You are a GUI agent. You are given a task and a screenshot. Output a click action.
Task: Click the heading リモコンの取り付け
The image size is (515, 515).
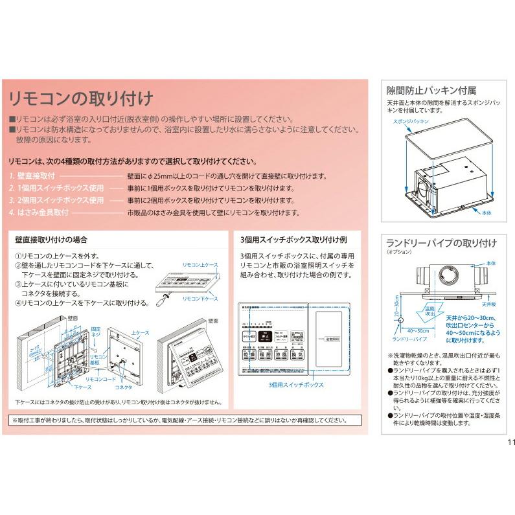tap(80, 98)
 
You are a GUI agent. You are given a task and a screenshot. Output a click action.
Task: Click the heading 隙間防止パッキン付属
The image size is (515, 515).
tap(431, 90)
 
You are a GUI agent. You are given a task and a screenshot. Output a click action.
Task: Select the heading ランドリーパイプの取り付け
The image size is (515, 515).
tap(441, 244)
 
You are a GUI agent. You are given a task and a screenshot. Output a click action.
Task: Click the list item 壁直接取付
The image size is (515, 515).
tap(32, 176)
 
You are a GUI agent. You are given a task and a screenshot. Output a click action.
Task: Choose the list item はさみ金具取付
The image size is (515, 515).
tap(39, 212)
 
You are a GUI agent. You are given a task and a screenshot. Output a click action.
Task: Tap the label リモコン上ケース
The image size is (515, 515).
tap(201, 266)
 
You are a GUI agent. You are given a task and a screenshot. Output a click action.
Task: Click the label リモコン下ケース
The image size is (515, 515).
tap(201, 298)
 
